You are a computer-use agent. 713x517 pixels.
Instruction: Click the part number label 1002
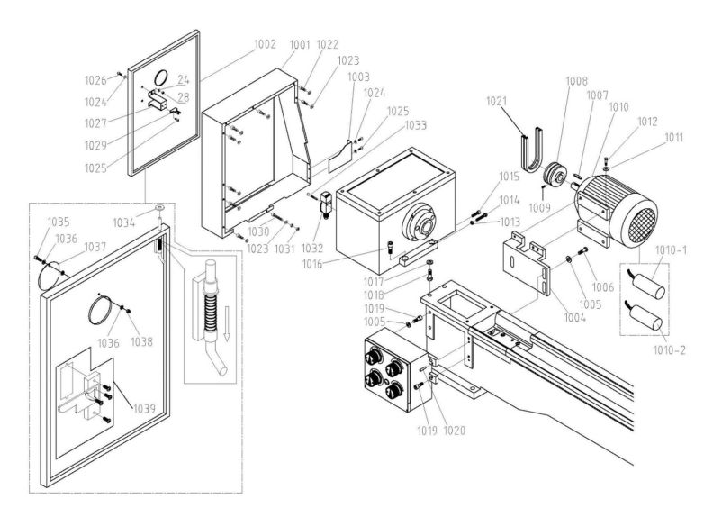(266, 43)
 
